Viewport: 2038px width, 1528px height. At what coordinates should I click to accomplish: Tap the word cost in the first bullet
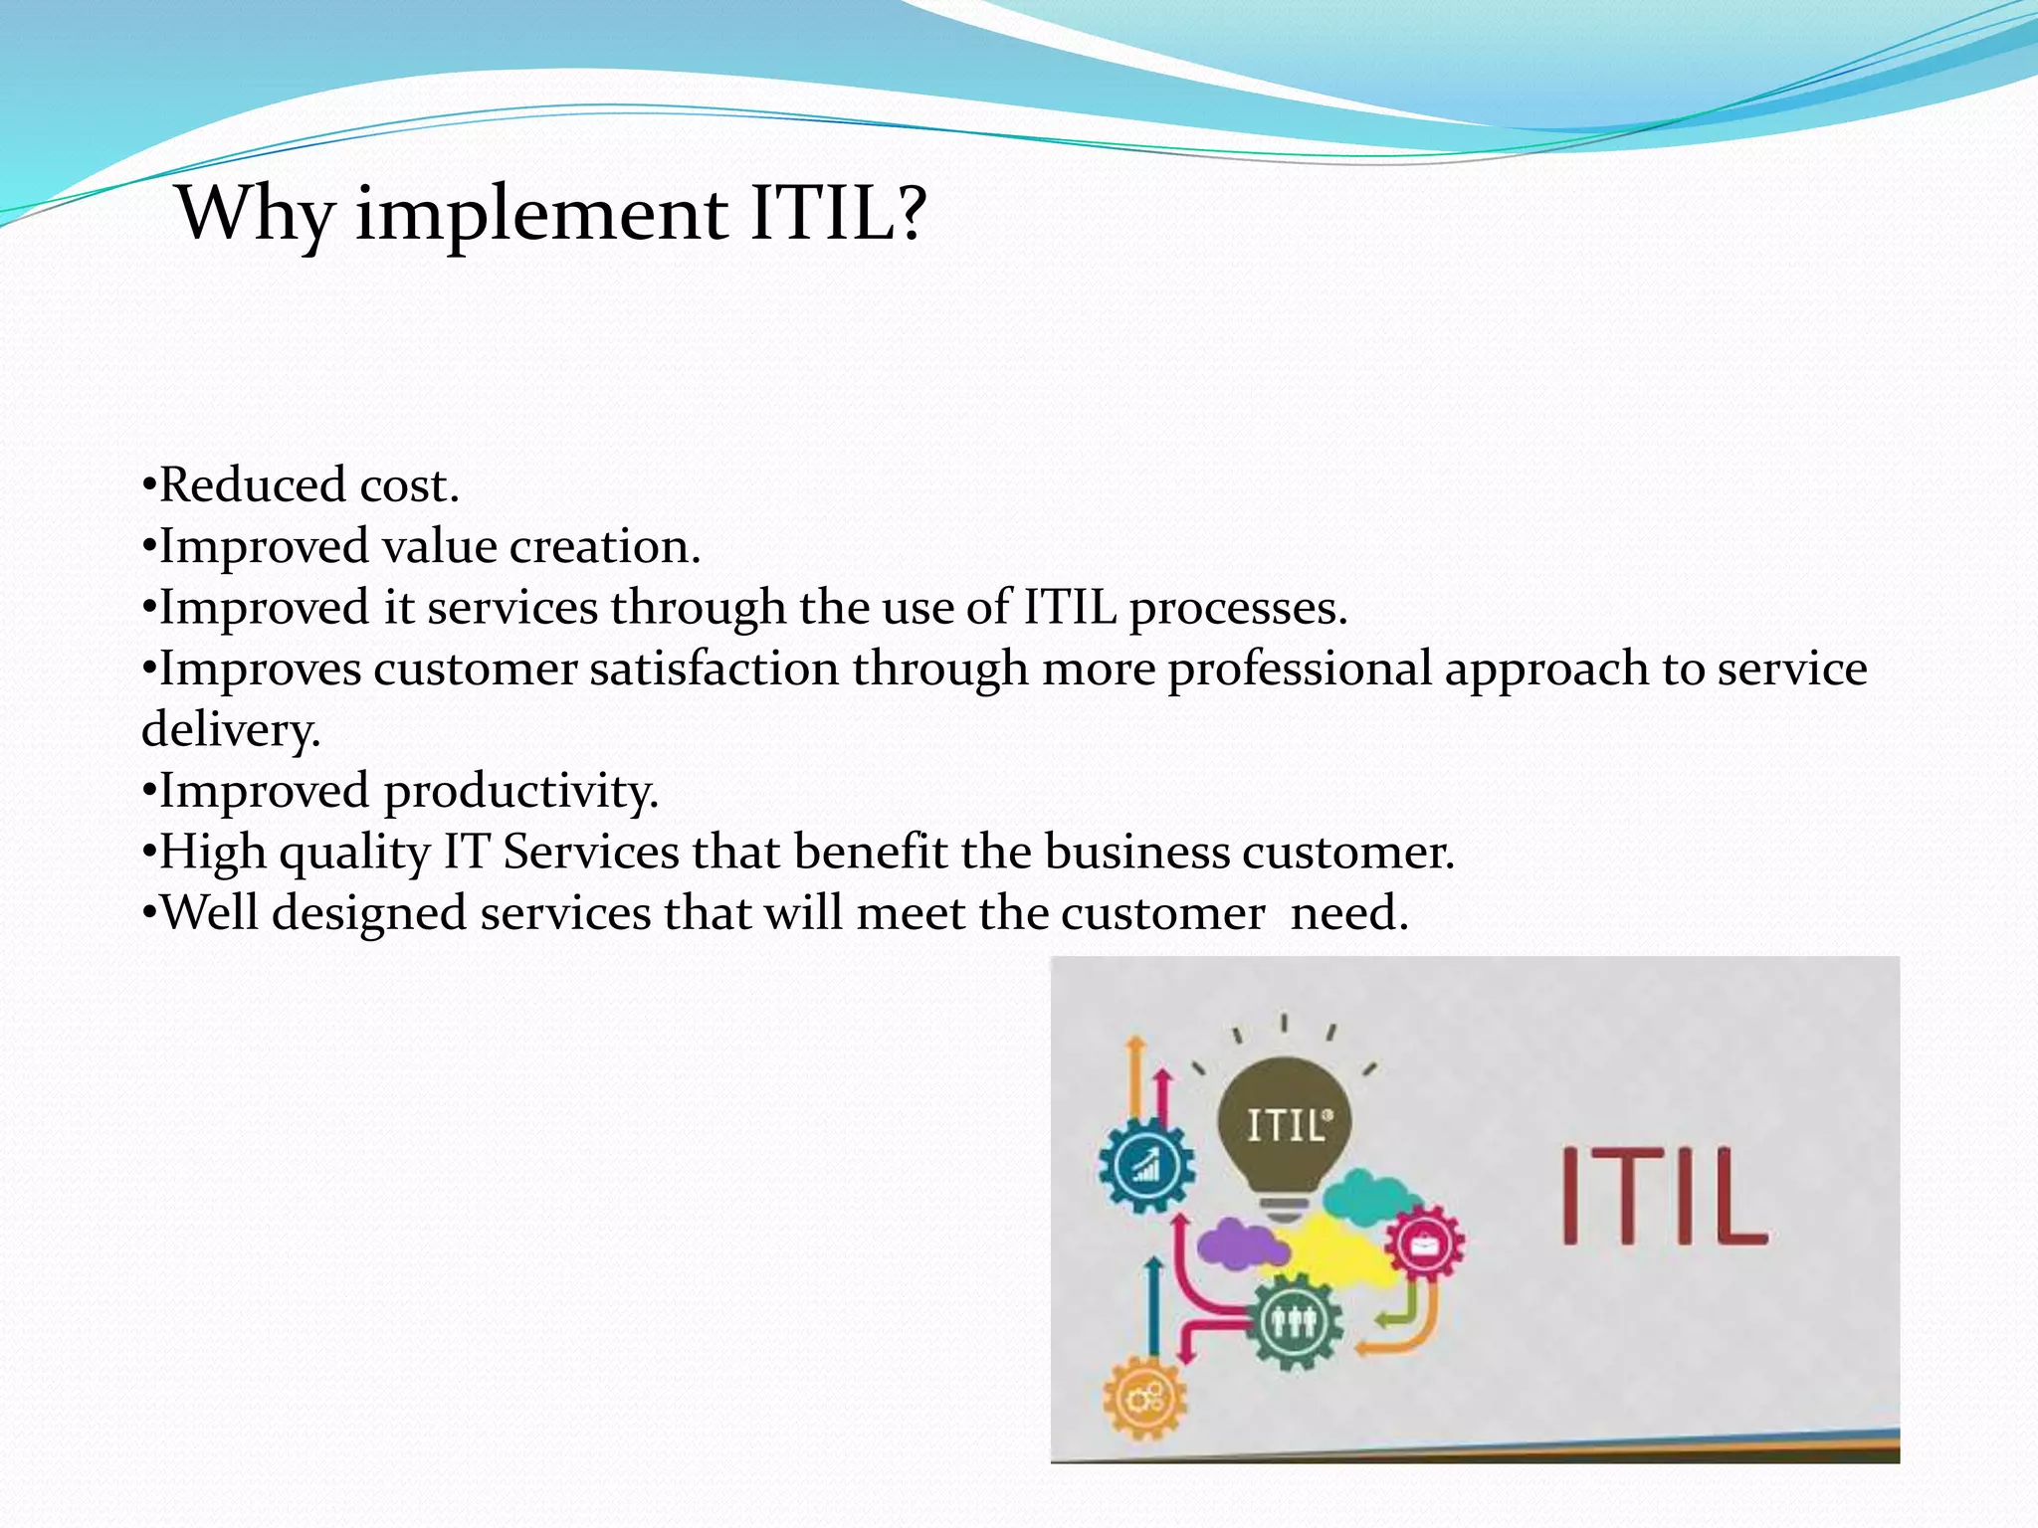[408, 485]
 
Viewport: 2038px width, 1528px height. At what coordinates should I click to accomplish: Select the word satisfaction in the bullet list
[713, 668]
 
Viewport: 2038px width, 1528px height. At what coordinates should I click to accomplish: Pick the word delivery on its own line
[230, 730]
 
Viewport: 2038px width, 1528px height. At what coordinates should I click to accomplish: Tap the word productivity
[520, 792]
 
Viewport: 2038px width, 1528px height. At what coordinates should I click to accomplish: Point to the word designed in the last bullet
[369, 913]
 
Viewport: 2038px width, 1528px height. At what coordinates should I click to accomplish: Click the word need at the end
[1348, 913]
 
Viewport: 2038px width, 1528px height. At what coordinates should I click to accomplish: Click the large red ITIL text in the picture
[1662, 1196]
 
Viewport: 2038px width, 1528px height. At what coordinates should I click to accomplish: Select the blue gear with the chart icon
[1146, 1165]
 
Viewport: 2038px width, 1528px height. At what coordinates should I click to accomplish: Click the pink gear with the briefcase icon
[1424, 1242]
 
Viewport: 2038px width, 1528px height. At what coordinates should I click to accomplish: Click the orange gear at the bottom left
[1145, 1399]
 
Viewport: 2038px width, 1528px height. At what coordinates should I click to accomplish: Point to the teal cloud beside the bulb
[1368, 1198]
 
